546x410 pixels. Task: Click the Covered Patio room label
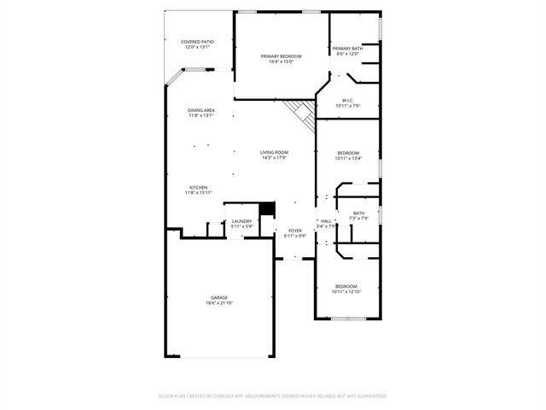[x=197, y=42]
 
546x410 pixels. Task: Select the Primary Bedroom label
[x=282, y=56]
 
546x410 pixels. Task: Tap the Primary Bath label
[x=347, y=49]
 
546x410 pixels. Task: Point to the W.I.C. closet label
[x=348, y=100]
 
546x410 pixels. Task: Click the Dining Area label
[x=201, y=111]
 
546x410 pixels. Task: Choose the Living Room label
[x=274, y=152]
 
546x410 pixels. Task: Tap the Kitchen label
[x=198, y=187]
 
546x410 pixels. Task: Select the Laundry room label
[x=241, y=221]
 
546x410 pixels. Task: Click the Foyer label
[x=295, y=231]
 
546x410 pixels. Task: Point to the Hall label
[x=326, y=221]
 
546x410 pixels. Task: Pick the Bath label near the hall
[x=358, y=214]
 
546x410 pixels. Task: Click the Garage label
[x=219, y=298]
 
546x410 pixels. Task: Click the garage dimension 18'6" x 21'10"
[x=219, y=303]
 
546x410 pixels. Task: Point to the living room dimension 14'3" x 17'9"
[x=274, y=157]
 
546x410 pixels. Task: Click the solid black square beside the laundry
[x=266, y=209]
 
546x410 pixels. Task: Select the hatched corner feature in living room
[x=301, y=111]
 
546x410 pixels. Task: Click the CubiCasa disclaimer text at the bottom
[x=273, y=395]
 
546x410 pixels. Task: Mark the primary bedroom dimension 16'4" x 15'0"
[x=282, y=61]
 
